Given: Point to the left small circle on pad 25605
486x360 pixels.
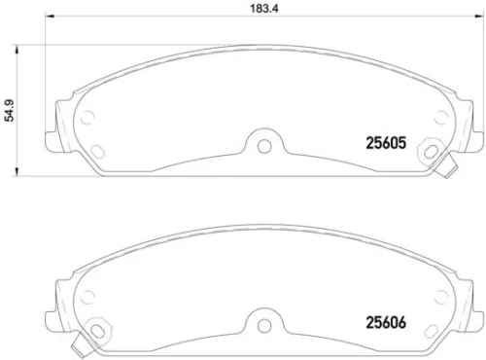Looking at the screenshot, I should click(89, 121).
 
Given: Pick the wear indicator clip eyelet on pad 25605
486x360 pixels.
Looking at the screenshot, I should click(429, 152).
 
